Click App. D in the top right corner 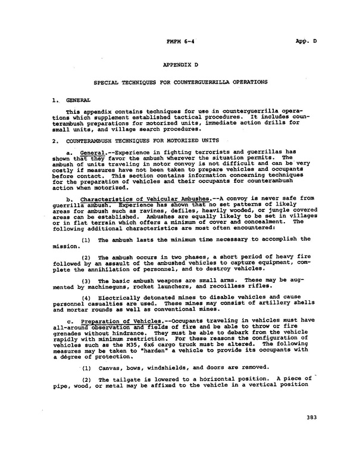[306, 41]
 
